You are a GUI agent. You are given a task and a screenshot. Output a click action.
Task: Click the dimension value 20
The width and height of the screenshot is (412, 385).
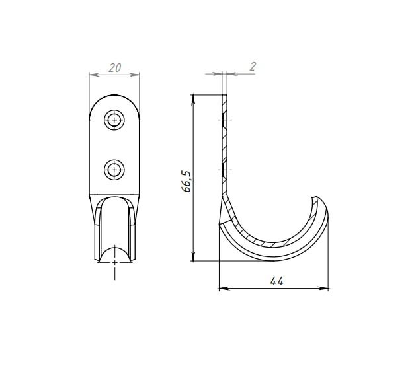115,68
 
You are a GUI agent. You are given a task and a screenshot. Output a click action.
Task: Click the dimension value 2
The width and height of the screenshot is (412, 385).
253,67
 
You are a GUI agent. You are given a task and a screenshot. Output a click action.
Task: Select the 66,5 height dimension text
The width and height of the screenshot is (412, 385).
186,182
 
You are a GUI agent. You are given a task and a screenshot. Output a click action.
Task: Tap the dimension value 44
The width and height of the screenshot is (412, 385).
276,281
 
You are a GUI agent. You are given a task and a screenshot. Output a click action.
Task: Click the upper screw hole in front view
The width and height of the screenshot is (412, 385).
114,120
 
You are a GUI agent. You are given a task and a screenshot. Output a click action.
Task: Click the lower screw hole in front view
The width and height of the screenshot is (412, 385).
114,170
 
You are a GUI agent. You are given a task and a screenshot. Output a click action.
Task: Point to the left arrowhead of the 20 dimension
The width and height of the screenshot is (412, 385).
94,75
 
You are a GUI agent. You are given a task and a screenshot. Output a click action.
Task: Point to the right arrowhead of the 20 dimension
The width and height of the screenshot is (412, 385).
134,75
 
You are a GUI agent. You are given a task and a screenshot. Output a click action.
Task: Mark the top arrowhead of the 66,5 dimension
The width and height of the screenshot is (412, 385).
193,100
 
